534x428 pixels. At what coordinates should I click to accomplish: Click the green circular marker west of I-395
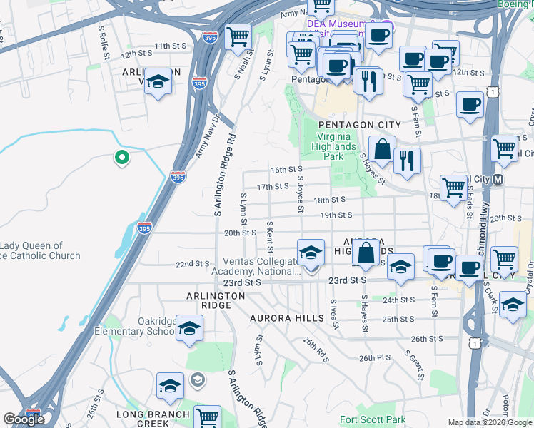122,158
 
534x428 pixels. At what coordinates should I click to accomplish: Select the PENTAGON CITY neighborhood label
354,125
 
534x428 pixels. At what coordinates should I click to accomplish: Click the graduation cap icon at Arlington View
158,85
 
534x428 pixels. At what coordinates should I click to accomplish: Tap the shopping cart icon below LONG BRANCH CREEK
207,417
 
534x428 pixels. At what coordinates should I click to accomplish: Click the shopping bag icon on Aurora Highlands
366,254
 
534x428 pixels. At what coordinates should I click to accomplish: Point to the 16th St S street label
286,170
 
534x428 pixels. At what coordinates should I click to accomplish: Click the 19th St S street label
336,215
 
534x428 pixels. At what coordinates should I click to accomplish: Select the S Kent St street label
270,238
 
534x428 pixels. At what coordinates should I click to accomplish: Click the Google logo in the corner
24,419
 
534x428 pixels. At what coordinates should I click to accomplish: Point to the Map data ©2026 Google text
490,422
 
